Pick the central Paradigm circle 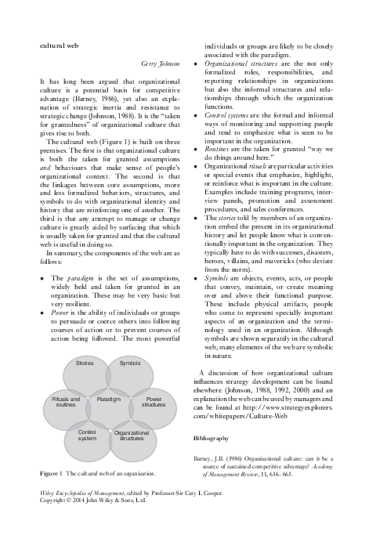108,400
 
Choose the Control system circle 87,435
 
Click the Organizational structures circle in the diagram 132,436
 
